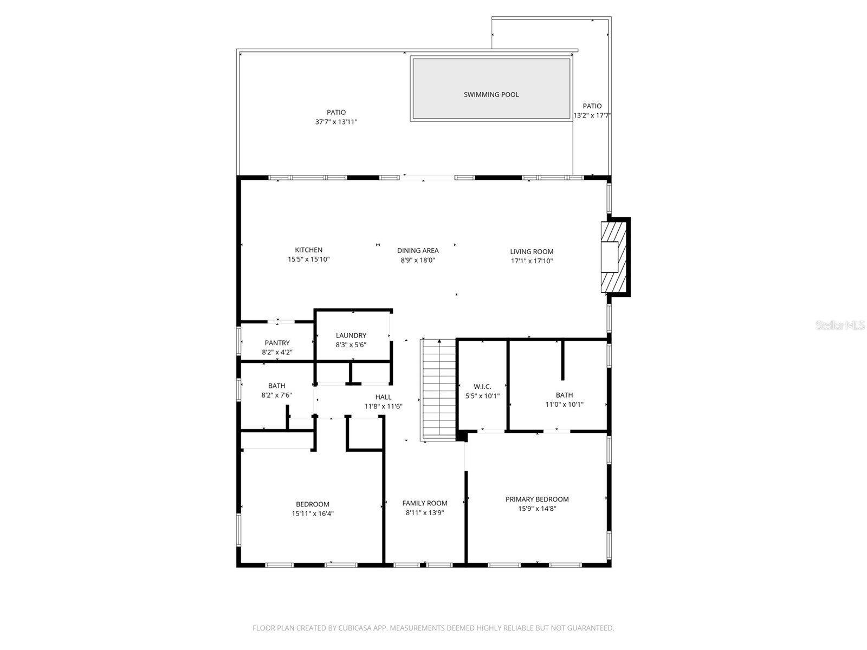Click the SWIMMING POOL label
(491, 94)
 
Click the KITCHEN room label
(308, 250)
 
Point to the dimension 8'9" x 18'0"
(417, 260)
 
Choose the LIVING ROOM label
(531, 251)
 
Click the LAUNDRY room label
(351, 335)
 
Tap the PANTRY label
(277, 343)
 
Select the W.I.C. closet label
(482, 386)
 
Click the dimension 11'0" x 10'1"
(564, 405)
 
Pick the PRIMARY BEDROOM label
(536, 499)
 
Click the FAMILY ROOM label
(424, 503)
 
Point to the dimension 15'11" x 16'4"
(312, 513)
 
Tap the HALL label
(383, 397)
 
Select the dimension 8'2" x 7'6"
(276, 395)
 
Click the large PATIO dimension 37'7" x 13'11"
(336, 122)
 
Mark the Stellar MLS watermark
(839, 326)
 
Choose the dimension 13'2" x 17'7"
(592, 115)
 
